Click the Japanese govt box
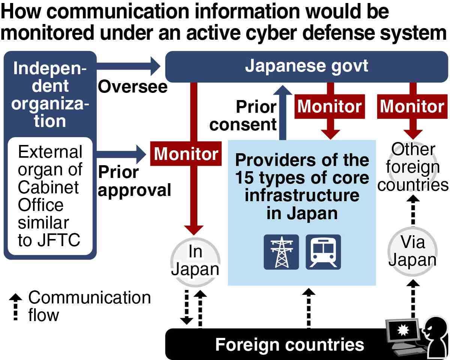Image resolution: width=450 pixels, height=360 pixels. pos(306,67)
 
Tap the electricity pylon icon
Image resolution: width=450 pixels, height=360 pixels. pos(281,252)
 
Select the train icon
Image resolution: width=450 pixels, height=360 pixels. pos(323,252)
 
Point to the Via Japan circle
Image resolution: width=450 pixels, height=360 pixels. pos(412,251)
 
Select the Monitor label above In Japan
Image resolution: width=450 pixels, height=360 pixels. pos(186,154)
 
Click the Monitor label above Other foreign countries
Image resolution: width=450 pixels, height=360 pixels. pos(412,107)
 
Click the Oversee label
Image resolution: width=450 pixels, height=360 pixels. pos(132,87)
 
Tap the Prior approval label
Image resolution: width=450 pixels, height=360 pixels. pos(134,182)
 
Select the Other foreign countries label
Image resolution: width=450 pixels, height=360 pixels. pos(413,167)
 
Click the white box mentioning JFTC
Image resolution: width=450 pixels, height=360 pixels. pos(50,196)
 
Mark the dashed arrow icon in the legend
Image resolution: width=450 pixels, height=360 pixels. pos(15,306)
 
